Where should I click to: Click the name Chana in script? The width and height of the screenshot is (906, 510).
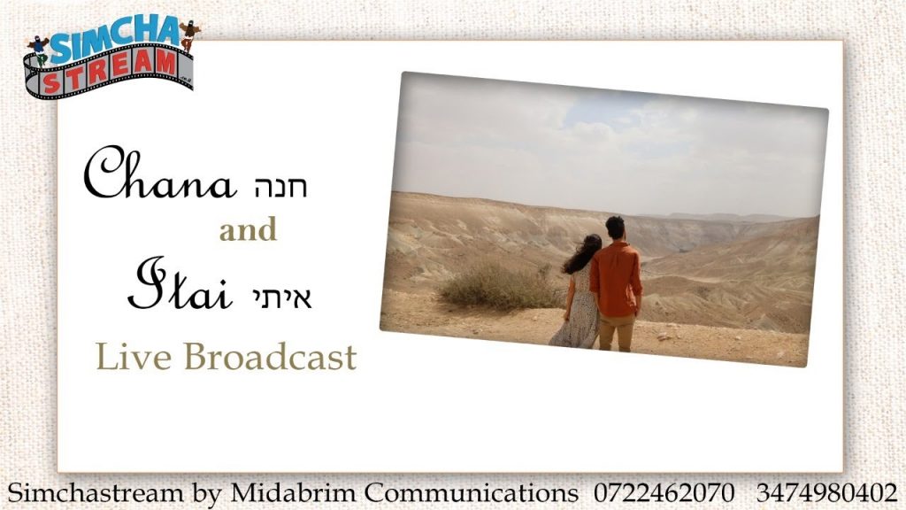coord(160,173)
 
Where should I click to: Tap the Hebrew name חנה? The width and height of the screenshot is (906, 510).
coord(280,186)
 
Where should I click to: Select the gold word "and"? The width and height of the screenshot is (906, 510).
coord(248,230)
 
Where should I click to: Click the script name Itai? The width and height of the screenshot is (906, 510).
coord(180,284)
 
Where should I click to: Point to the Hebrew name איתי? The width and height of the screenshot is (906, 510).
coord(282,297)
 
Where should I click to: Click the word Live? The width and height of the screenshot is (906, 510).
coord(134,356)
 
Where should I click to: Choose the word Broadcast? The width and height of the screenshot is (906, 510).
coord(270,356)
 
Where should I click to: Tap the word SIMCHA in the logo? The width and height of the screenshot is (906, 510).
coord(116,38)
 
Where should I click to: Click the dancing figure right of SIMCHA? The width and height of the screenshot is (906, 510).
coord(189,35)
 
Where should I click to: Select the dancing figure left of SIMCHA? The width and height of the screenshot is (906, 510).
coord(38,49)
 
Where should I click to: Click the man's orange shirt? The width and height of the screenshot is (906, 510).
coord(616,279)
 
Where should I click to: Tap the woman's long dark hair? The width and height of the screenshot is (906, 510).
coord(583,253)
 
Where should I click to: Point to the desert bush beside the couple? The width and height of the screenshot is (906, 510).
coord(498,287)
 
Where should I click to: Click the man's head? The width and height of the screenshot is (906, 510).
coord(615,228)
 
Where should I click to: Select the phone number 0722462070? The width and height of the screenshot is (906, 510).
coord(664,493)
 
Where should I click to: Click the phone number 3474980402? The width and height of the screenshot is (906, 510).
coord(827,493)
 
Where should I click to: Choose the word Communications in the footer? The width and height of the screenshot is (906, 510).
coord(471,493)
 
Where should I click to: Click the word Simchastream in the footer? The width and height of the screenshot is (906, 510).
coord(96,493)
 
